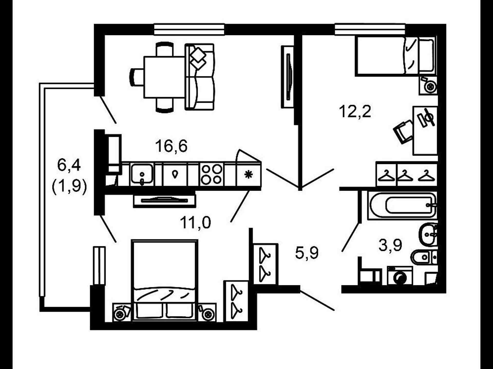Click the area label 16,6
[171, 146]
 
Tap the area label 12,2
[355, 112]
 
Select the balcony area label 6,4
[69, 165]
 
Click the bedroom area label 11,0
[195, 222]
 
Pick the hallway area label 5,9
[307, 253]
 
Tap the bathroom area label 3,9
[390, 245]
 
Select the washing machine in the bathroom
[400, 276]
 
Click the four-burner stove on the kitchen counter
[212, 174]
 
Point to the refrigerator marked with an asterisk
[249, 175]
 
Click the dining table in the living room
[164, 77]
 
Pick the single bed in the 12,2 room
[395, 56]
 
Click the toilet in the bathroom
[424, 257]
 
